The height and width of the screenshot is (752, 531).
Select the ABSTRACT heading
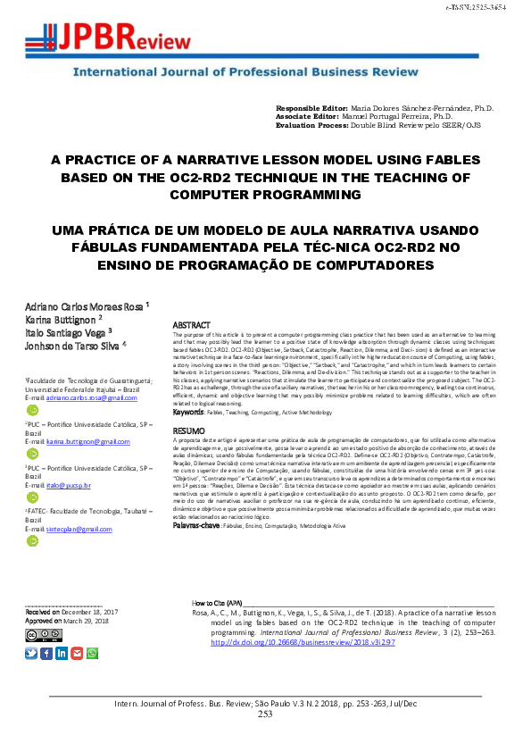tap(190, 325)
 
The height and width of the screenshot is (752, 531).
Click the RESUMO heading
tap(187, 430)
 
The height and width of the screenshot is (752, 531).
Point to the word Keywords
tap(188, 413)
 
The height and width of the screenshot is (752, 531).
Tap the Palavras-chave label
tap(195, 525)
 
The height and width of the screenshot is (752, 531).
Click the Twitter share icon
tap(32, 653)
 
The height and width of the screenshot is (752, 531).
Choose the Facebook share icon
tap(46, 653)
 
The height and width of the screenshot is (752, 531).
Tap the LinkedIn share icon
tap(62, 653)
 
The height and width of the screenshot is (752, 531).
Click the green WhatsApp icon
tap(92, 653)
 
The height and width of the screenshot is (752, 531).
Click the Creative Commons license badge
tap(44, 635)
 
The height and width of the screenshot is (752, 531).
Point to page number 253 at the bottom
tap(265, 714)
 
